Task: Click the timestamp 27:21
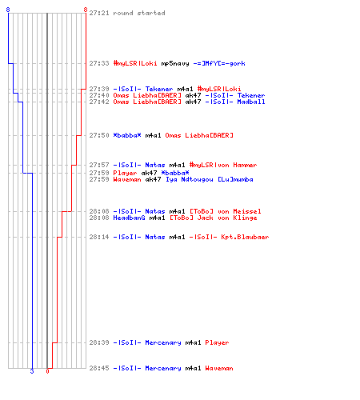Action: (x=99, y=13)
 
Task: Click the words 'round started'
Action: (x=139, y=13)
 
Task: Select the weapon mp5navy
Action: (x=175, y=63)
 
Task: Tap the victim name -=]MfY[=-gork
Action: (x=219, y=63)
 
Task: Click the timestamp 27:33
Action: (x=99, y=63)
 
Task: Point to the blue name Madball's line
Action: (x=251, y=102)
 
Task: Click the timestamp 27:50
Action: (x=99, y=135)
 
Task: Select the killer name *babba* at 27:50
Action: (x=127, y=135)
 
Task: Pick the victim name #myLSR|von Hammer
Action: (x=223, y=165)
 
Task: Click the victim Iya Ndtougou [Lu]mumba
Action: (x=210, y=179)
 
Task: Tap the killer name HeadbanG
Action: (x=129, y=218)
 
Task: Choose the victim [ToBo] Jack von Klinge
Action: (x=214, y=218)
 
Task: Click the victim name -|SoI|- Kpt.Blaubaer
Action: (x=229, y=237)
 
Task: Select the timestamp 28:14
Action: (x=99, y=237)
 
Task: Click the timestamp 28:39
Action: (x=99, y=342)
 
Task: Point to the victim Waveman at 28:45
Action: (x=219, y=368)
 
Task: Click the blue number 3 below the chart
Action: (x=32, y=371)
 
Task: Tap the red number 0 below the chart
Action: (x=47, y=371)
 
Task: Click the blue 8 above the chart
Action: (x=8, y=10)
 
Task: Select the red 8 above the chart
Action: (x=86, y=10)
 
